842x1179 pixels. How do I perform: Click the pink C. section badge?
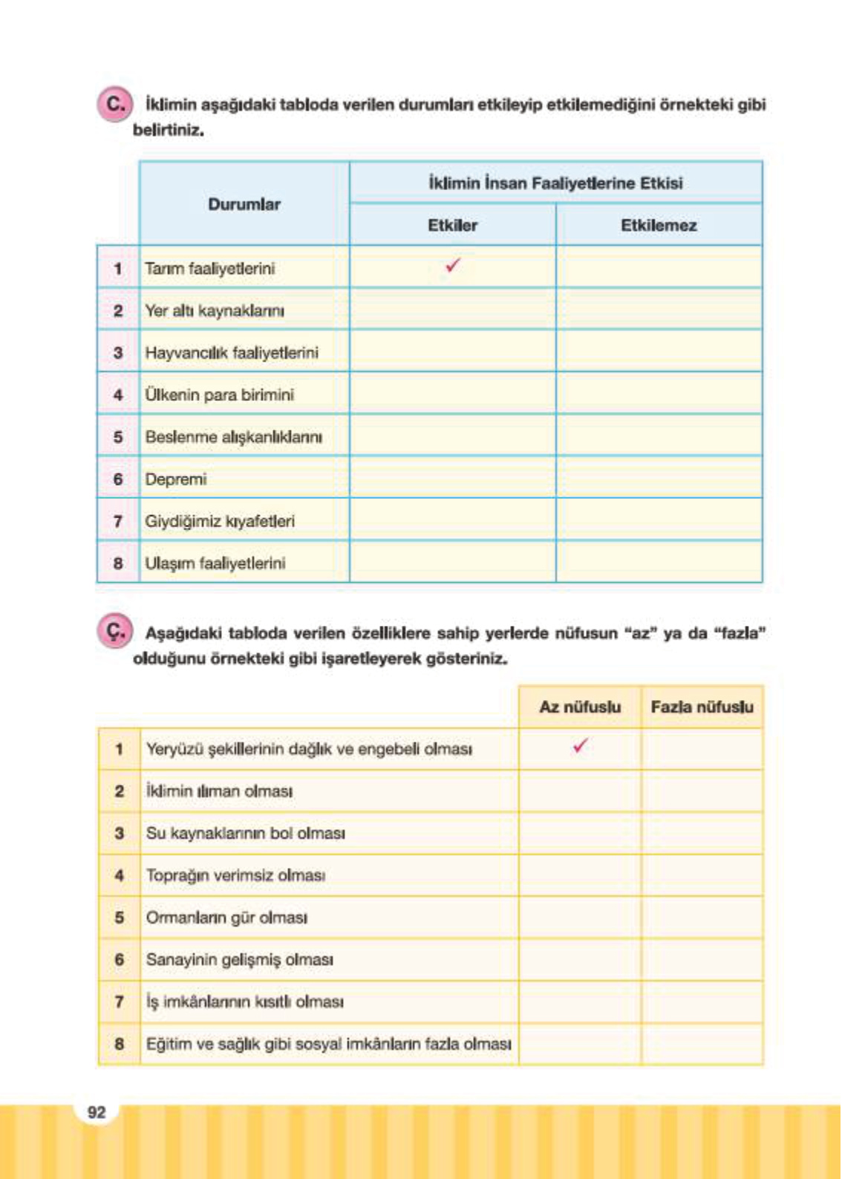(114, 104)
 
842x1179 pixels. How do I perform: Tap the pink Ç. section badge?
(114, 633)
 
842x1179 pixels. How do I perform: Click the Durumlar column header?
(244, 204)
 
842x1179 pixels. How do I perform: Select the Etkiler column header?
(452, 225)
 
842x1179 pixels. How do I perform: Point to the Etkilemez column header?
(659, 225)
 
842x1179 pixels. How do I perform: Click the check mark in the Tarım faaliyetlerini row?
(453, 265)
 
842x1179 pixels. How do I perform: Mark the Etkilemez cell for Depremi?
(659, 478)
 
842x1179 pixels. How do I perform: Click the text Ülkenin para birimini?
(220, 395)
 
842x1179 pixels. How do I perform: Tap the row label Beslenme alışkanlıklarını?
(234, 437)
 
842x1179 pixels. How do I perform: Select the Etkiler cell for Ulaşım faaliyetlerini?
(452, 562)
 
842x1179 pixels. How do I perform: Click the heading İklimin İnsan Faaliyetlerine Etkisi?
(555, 183)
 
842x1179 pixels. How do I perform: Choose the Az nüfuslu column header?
(580, 707)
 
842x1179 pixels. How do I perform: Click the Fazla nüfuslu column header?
(702, 707)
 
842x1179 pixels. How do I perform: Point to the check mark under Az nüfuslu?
(580, 745)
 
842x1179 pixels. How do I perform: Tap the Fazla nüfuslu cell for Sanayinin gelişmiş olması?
(702, 959)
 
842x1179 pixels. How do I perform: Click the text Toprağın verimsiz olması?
(235, 875)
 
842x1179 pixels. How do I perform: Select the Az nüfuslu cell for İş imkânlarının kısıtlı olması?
(580, 1002)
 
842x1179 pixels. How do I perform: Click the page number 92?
(97, 1112)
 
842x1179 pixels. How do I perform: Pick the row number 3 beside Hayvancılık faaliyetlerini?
(118, 353)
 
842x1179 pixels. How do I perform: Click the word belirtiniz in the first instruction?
(169, 130)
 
